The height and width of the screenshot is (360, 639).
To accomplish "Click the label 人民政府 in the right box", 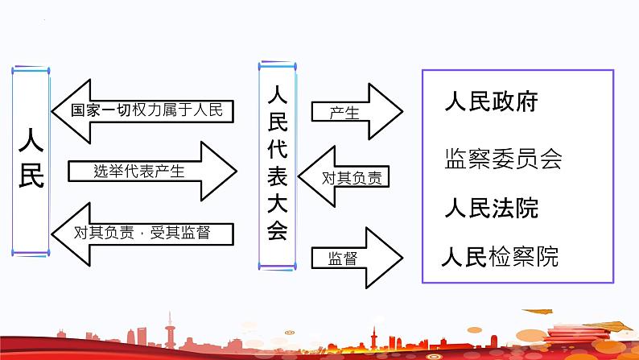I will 491,104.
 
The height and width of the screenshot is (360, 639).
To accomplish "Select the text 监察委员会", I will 502,158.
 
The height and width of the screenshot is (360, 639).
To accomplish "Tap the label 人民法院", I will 491,208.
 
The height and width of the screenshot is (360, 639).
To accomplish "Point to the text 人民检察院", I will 499,258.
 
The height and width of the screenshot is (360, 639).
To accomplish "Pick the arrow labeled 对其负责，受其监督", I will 145,233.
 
